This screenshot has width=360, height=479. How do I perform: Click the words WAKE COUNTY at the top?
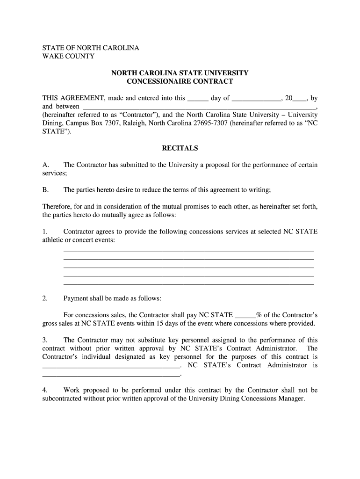pos(68,57)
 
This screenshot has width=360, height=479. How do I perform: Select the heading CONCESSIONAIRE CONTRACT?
pos(180,81)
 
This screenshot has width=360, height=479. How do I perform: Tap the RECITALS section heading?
pos(180,148)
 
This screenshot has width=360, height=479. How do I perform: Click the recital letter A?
pos(45,165)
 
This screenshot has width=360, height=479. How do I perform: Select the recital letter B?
pos(45,189)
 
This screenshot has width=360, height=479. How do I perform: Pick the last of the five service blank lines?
pos(188,284)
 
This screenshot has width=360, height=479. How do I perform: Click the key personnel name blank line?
pos(111,367)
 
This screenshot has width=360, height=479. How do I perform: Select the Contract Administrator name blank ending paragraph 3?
pos(111,375)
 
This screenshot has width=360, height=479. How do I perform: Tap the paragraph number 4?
pos(45,390)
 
